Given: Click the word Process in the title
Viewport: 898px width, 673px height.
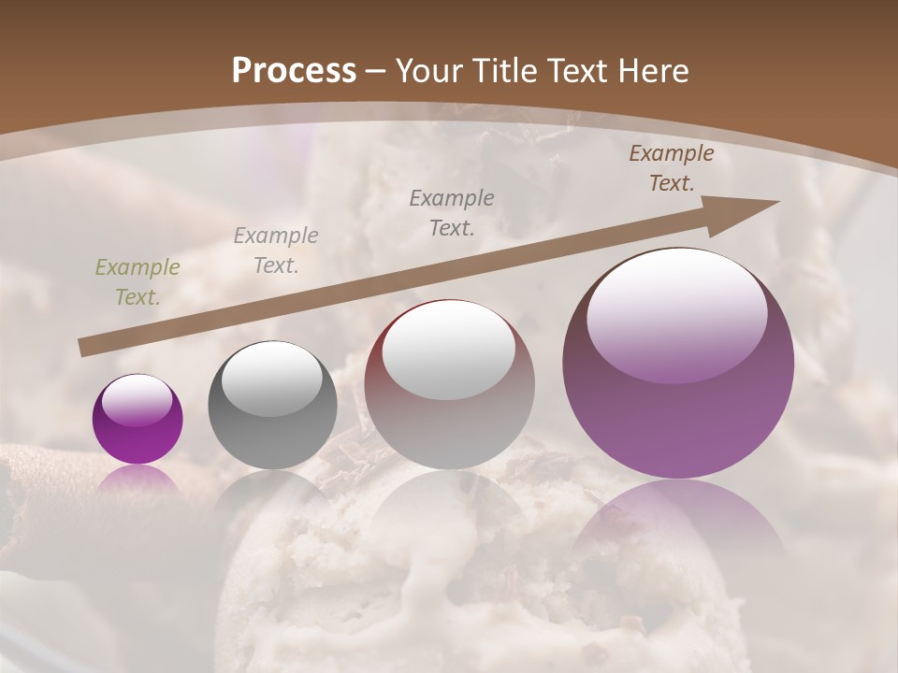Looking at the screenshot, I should (294, 71).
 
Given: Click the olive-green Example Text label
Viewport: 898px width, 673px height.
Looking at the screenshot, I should (138, 282).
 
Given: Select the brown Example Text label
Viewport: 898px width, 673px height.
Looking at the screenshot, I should (672, 168).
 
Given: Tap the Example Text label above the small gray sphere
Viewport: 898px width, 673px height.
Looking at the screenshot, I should (276, 251).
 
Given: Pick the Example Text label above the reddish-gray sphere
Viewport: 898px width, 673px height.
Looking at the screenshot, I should (452, 212).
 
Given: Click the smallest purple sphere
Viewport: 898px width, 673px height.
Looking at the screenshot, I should (138, 419).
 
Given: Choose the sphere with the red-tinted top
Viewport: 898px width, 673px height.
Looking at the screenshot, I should (449, 385).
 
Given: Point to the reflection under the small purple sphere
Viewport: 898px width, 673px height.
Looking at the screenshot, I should (138, 479).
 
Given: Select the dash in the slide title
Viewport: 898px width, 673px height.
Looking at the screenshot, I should (376, 71).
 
